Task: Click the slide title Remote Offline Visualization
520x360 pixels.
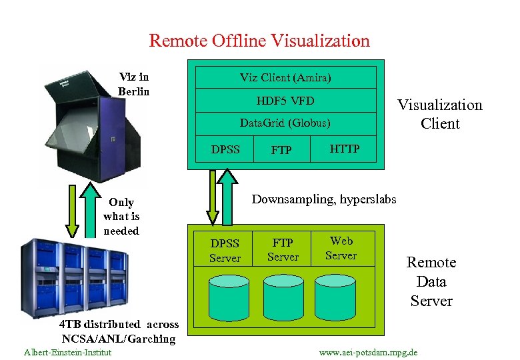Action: (259, 41)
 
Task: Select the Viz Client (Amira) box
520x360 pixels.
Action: (285, 77)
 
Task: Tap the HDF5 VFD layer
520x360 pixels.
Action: (285, 101)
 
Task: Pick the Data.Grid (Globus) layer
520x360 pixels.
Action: (285, 123)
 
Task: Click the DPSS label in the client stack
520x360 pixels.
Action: (225, 149)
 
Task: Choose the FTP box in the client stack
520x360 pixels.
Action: (282, 150)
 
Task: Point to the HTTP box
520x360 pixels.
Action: (345, 149)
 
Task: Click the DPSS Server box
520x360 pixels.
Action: (225, 249)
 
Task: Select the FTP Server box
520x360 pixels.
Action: (283, 249)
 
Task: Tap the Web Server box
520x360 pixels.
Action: (341, 248)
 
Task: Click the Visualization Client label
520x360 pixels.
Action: (439, 114)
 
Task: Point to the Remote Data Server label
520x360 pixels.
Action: (431, 281)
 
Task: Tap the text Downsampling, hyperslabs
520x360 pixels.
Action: (324, 199)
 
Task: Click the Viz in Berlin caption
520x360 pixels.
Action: (134, 84)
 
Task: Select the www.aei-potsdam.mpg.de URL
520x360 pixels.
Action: (369, 351)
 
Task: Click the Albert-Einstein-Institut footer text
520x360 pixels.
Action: (67, 351)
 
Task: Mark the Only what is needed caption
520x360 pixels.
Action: (121, 217)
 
